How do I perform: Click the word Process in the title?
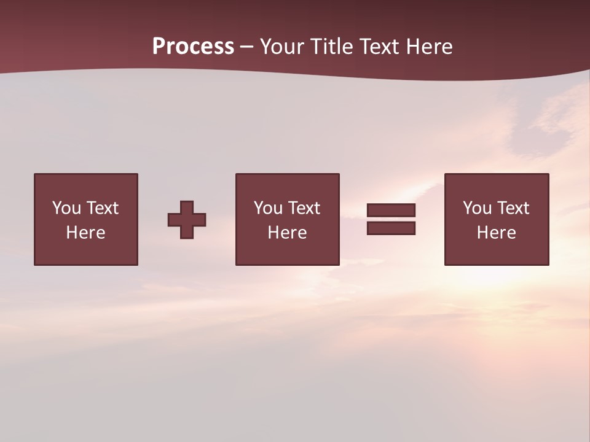[193, 47]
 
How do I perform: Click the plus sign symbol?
[187, 219]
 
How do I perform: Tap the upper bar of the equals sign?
[391, 210]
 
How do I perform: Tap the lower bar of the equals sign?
[391, 228]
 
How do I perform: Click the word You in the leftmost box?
[66, 208]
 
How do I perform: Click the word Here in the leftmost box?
[86, 233]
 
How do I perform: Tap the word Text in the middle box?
[304, 208]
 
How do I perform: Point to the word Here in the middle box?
[288, 233]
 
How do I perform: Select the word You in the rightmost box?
[477, 208]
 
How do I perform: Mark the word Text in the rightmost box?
[513, 208]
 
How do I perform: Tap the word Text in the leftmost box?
[102, 208]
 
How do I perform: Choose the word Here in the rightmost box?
[497, 233]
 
